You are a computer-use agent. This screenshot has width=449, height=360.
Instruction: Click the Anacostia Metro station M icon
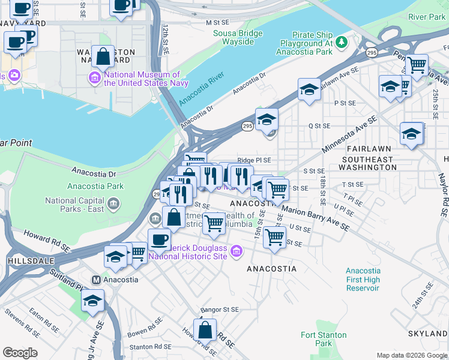(x=95, y=280)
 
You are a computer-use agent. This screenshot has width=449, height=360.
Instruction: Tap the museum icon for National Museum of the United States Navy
(x=95, y=77)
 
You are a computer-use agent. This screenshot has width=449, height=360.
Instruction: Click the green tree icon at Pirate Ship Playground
(x=342, y=41)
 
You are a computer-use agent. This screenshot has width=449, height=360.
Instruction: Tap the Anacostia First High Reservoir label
(x=363, y=279)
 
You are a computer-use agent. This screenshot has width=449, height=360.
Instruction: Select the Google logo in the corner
(x=20, y=353)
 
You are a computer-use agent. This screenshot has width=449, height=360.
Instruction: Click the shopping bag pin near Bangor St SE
(x=205, y=330)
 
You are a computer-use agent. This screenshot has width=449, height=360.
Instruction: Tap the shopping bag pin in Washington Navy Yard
(x=103, y=56)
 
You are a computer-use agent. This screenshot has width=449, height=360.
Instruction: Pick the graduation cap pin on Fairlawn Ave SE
(x=309, y=90)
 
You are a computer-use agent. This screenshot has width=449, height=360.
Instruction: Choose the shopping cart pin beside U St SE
(x=274, y=236)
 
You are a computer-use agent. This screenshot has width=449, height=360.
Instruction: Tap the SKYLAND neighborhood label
(x=429, y=333)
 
